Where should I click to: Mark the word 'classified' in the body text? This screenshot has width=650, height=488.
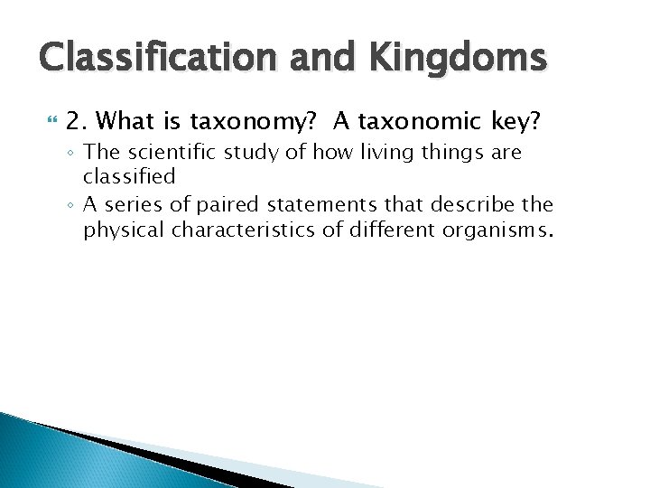129,176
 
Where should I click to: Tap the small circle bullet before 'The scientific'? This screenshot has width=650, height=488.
70,154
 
